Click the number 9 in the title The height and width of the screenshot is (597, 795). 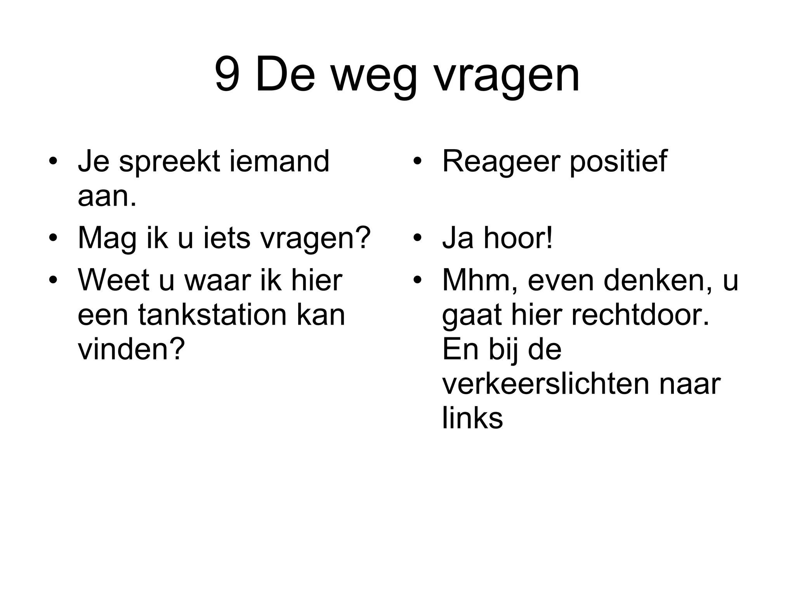[227, 75]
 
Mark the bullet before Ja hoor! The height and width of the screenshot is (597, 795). [417, 238]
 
